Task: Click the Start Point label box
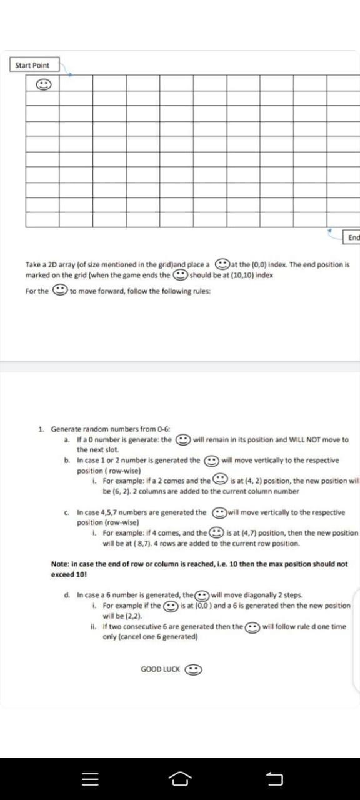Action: click(32, 65)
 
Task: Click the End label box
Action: click(353, 237)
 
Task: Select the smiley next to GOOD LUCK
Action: click(194, 669)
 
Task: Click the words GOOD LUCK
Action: click(161, 669)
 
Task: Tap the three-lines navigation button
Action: click(90, 779)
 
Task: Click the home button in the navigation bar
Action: click(180, 779)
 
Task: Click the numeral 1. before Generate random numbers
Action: click(41, 429)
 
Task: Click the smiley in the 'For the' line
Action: click(59, 291)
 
